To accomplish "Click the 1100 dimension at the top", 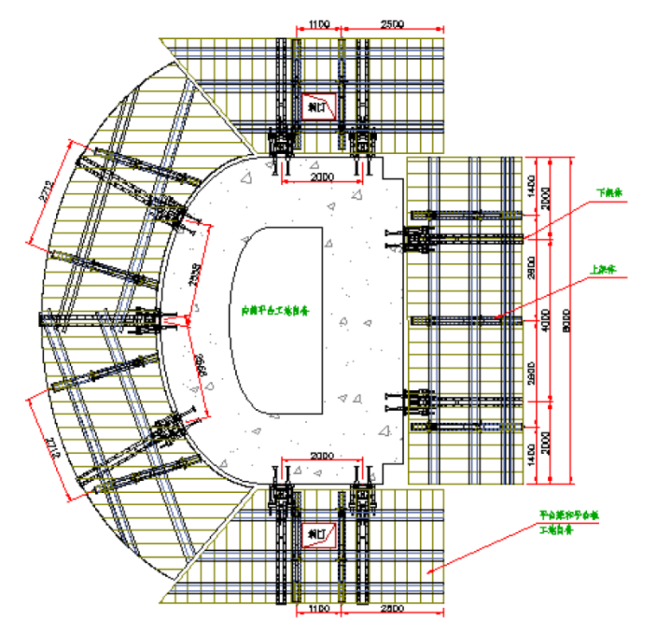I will [318, 26].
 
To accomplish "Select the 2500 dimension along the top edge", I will [392, 26].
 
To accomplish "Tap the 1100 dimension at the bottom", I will [318, 611].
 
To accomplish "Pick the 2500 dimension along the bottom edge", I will [392, 611].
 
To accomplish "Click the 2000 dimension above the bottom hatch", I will [322, 455].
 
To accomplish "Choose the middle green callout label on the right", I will [601, 269].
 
